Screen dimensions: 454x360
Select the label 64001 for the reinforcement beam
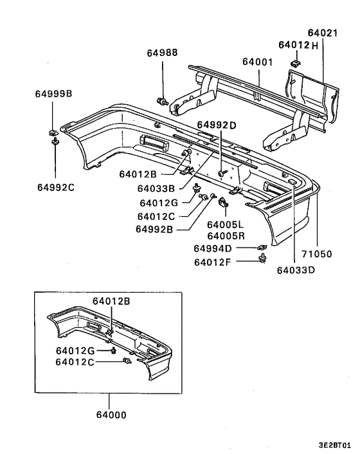click(257, 62)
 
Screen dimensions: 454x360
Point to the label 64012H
click(298, 45)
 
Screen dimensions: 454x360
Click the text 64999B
click(53, 95)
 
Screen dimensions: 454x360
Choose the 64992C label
click(55, 188)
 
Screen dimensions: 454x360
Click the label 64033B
click(155, 188)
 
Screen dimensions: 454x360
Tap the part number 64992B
click(155, 229)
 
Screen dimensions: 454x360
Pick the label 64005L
click(226, 225)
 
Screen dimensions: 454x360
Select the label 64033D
click(296, 270)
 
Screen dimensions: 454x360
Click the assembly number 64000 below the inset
click(107, 415)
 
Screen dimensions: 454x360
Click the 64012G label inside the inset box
click(75, 350)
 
